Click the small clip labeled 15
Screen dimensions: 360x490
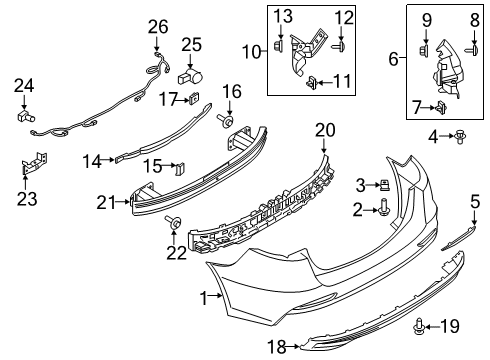coord(180,166)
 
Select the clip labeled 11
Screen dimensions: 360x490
coord(313,80)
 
